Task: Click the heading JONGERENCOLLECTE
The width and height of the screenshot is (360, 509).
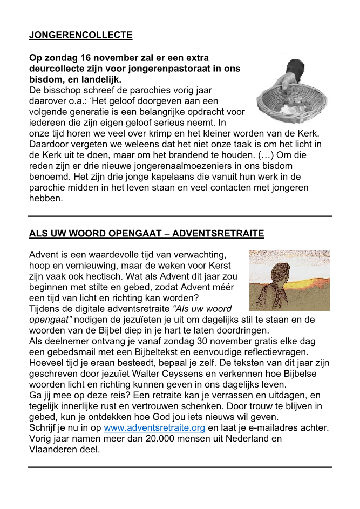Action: coord(80,36)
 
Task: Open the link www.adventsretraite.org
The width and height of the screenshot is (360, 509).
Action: coord(154,428)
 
